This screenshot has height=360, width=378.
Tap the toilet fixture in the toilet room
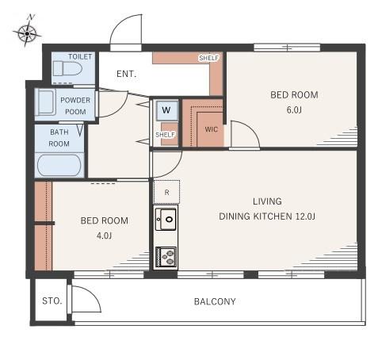pos(67,68)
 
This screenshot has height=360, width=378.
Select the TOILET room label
pos(80,56)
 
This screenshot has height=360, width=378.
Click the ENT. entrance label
pos(127,74)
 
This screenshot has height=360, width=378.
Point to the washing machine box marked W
pos(166,110)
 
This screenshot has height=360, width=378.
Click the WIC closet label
pos(212,129)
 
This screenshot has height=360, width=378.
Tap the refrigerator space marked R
pos(166,192)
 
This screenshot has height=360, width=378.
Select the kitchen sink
pos(166,219)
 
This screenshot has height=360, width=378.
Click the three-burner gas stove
pos(166,257)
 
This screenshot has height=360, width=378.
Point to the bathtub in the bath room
pos(59,165)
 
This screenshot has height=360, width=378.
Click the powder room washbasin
pos(45,102)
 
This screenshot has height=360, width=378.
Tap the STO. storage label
pos(52,301)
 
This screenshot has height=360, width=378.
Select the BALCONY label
pos(215,301)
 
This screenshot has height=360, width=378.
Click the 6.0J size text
pos(294,109)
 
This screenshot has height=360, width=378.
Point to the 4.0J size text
pos(105,236)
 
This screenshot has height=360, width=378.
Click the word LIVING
pos(267,201)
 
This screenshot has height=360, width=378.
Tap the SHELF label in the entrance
pos(209,58)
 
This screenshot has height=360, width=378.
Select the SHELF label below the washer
pos(166,135)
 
